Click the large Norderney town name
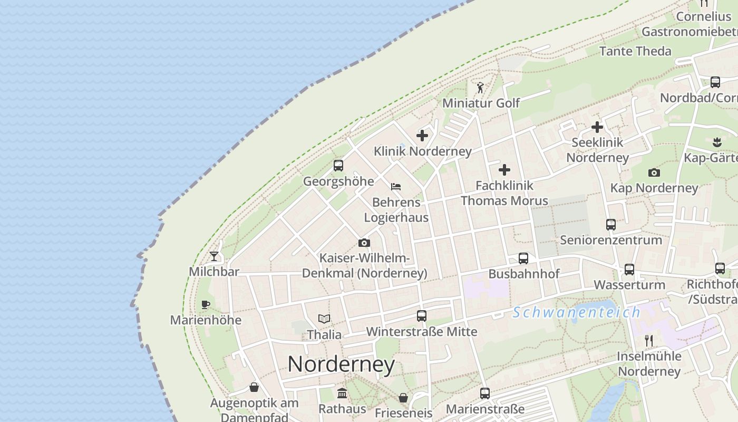coord(341,364)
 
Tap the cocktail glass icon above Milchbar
coord(214,256)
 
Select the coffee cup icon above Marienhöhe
coord(206,304)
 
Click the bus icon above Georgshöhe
coord(338,166)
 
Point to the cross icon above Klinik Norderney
coord(422,136)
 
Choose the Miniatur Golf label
coord(481,103)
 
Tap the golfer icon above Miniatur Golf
coord(480,87)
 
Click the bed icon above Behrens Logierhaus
coord(396,186)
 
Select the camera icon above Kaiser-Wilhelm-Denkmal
coord(364,243)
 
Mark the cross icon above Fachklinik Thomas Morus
coord(504,170)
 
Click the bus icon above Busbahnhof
coord(523,258)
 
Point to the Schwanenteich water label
coord(577,312)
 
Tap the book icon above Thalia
coord(324,319)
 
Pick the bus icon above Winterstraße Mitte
coord(422,316)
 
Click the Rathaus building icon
coord(342,393)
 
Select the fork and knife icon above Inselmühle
coord(649,340)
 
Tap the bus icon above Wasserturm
coord(629,269)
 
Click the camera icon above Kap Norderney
coord(654,172)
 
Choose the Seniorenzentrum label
coord(611,240)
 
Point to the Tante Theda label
coord(635,51)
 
